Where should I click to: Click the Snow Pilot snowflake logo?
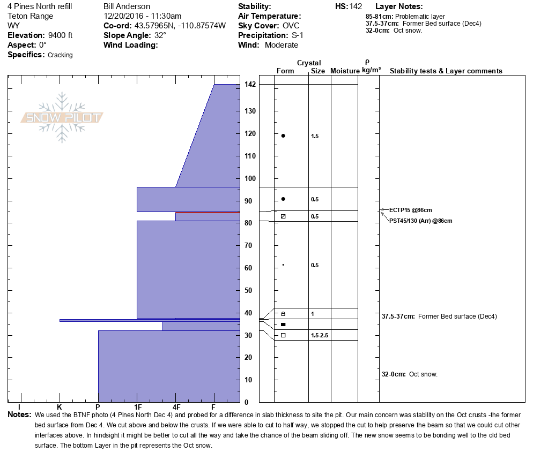point(62,117)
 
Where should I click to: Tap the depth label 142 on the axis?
point(250,84)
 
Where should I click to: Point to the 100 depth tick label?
point(250,178)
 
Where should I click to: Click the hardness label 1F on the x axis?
point(138,407)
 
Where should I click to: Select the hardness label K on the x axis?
point(60,407)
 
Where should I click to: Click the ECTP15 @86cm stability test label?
point(411,210)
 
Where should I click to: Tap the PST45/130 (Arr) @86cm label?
point(421,221)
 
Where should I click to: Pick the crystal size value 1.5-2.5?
point(320,335)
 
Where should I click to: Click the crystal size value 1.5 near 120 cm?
point(315,136)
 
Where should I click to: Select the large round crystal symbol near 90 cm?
point(283,199)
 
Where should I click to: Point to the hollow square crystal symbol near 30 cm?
point(283,335)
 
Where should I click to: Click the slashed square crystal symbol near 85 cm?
point(283,216)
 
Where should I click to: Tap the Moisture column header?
point(345,71)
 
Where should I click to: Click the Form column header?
point(285,71)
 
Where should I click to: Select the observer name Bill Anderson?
point(127,6)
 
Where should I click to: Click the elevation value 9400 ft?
point(60,35)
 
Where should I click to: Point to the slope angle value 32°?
point(160,35)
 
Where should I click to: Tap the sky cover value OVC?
point(291,26)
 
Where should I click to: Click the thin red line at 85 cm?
point(208,213)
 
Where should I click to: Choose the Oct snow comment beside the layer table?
point(410,374)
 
